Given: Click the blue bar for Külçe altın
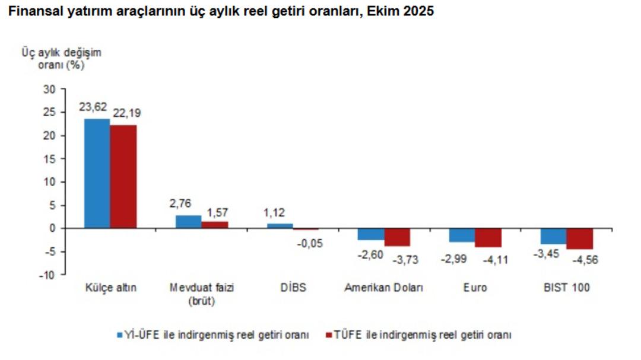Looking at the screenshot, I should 97,173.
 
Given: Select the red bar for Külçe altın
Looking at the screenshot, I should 123,177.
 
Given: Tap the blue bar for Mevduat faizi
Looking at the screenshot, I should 188,222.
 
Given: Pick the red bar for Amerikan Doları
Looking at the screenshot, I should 398,237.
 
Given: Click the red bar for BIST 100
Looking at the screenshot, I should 580,238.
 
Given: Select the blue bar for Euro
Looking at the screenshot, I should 462,235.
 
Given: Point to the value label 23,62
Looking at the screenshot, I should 93,107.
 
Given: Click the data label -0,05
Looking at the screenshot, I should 310,243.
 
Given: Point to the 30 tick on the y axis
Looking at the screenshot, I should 49,89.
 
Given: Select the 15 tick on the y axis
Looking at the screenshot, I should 49,158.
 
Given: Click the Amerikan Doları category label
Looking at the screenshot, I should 384,288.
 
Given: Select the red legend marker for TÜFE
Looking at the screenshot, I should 329,335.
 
